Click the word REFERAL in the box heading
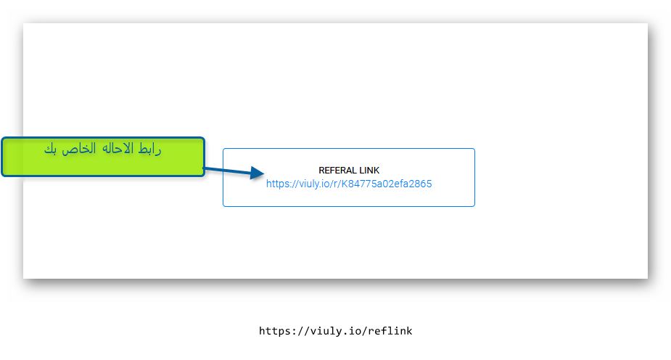click(337, 171)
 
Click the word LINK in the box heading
click(369, 171)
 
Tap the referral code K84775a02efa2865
click(387, 184)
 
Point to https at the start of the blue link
click(277, 184)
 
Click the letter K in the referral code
click(344, 184)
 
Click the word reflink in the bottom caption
click(390, 331)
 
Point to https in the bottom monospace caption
click(274, 331)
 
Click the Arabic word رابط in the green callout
click(149, 149)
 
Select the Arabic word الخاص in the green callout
click(79, 149)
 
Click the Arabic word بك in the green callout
click(51, 149)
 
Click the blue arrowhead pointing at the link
click(256, 173)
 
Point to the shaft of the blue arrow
click(227, 171)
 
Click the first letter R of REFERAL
click(322, 171)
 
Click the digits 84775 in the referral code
click(361, 184)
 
